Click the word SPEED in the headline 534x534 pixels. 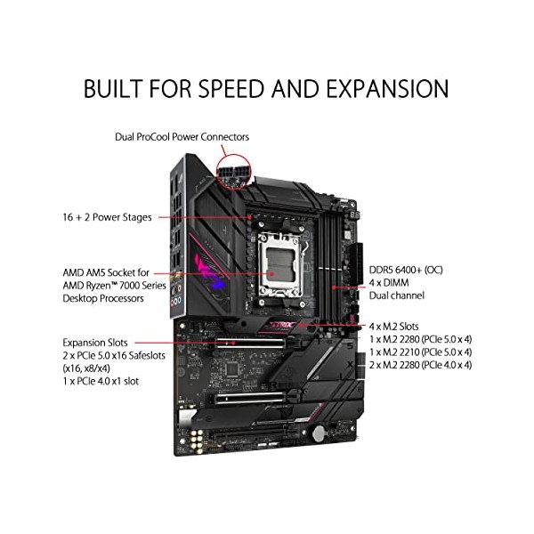pos(231,88)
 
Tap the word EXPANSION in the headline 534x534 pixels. pos(387,88)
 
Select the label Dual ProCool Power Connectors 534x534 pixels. pos(182,137)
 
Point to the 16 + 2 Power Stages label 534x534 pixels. pos(108,217)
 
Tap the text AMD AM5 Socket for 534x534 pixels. pos(106,272)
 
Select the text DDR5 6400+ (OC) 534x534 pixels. pos(406,270)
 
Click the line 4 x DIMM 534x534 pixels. pos(389,283)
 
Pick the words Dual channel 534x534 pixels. pos(397,295)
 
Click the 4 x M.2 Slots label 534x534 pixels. pos(393,327)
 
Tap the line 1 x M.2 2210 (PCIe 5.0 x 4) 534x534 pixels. pos(421,352)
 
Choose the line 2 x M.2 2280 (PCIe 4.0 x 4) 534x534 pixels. pos(421,365)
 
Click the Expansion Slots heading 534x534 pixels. pos(95,343)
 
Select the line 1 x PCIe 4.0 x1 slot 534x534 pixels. pos(101,381)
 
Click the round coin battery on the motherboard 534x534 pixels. pos(320,433)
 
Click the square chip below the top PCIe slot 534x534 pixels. pos(232,368)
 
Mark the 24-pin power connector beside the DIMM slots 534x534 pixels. pos(355,264)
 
